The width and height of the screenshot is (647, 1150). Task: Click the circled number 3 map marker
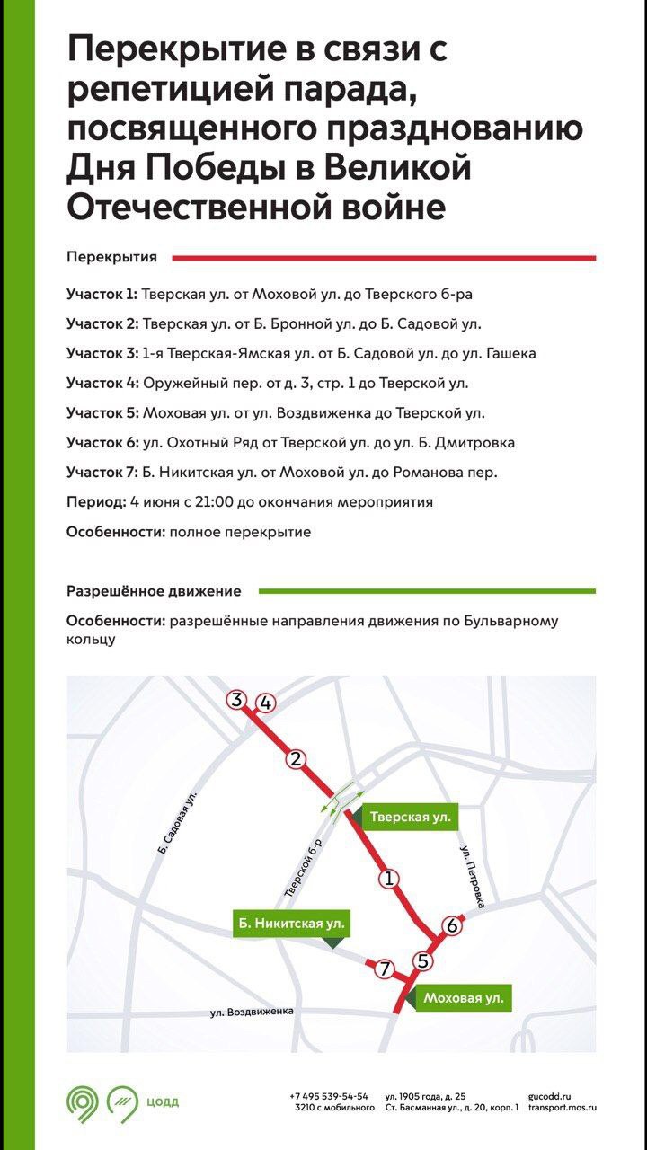237,700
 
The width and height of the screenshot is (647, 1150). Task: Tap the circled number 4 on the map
265,703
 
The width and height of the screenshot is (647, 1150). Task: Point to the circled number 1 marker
389,879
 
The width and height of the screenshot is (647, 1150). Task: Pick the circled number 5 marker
425,960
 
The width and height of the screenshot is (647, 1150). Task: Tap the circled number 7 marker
384,969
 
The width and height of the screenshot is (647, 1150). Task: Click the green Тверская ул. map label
409,818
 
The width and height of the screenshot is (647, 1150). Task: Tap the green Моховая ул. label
463,997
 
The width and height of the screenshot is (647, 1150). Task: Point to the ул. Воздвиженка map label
253,1013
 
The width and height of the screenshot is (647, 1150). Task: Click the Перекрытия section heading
111,257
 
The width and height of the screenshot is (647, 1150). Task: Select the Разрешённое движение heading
154,591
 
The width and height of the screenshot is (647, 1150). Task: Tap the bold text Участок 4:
102,384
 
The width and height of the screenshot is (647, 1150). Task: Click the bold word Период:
95,502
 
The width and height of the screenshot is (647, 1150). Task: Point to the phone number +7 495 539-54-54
329,1096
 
